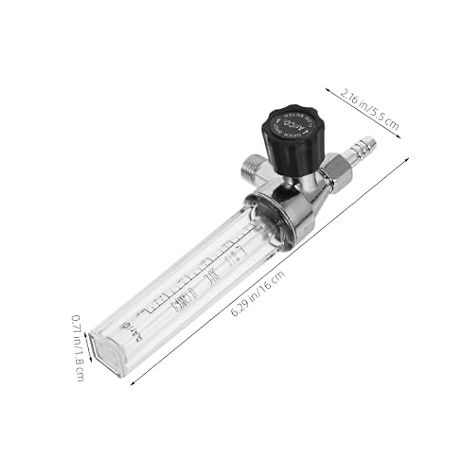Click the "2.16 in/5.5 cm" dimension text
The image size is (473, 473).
(x=369, y=110)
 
